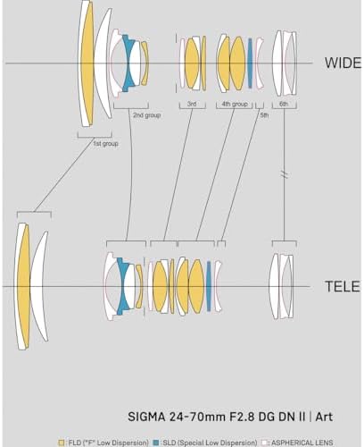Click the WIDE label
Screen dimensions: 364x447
(343, 63)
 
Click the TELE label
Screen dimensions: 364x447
(343, 286)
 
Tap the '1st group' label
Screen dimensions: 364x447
(105, 144)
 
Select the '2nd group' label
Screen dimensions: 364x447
(146, 115)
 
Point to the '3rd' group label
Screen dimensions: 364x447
(192, 104)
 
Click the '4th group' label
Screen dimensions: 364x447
(235, 104)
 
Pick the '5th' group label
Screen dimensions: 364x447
(264, 115)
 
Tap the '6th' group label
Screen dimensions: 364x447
(284, 104)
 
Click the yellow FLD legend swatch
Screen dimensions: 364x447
(62, 443)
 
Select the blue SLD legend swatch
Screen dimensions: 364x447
(155, 443)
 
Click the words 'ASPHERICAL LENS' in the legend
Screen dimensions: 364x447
(302, 443)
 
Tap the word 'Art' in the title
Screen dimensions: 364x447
(324, 417)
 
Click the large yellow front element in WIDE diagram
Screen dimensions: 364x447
(87, 63)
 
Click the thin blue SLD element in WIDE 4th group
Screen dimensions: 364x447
(250, 63)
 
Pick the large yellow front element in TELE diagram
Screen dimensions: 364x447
(24, 286)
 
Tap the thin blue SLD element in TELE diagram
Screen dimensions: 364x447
(209, 286)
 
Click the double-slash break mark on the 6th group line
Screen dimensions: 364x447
(284, 174)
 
